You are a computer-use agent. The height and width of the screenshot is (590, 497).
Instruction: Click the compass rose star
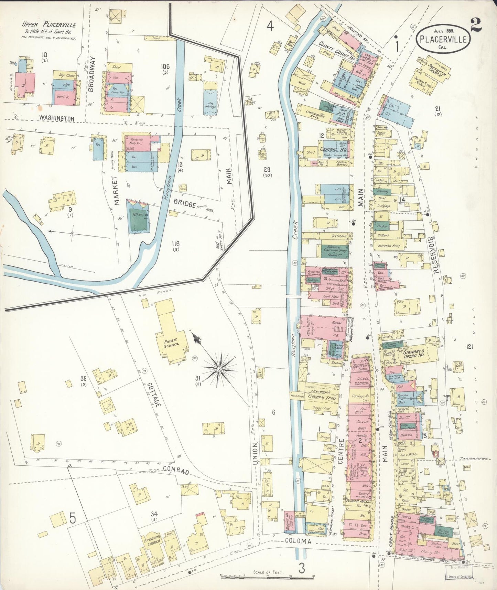pos(219,369)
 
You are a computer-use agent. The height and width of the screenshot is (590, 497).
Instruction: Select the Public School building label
pos(171,342)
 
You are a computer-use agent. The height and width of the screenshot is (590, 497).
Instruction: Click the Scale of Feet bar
pos(267,575)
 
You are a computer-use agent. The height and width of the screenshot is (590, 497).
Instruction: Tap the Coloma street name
pos(298,541)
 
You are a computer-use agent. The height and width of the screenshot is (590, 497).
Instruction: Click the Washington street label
pos(56,118)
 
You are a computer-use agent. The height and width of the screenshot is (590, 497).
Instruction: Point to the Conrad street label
pos(176,470)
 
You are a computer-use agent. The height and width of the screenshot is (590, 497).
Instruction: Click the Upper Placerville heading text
pos(49,25)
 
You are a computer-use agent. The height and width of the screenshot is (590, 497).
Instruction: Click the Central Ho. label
pos(333,149)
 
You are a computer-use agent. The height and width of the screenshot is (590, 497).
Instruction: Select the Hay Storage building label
pos(210,104)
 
